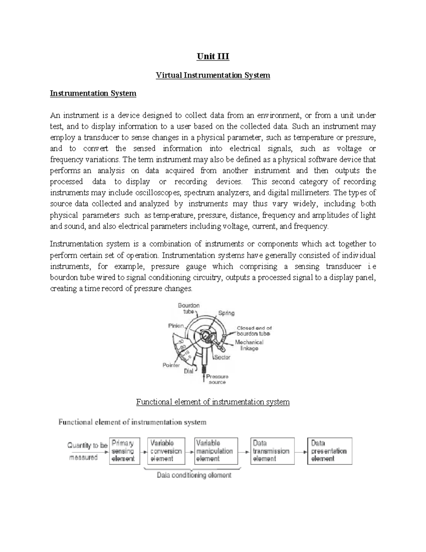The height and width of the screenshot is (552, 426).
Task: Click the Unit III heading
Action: pos(213,57)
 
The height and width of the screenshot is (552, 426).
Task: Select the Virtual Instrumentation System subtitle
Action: pos(213,75)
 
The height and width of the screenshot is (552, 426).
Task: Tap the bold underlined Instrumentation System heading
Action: pos(93,93)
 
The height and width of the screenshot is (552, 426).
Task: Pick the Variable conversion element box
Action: pos(166,451)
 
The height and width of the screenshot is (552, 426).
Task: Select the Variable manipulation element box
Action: pos(216,451)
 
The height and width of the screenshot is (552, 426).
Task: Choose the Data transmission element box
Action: pos(272,451)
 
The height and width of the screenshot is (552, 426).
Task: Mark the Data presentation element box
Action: pos(330,451)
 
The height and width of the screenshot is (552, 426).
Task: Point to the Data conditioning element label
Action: pos(194,475)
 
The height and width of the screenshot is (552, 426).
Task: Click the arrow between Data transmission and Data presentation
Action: pos(301,452)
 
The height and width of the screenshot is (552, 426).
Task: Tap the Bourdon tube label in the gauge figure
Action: pos(189,308)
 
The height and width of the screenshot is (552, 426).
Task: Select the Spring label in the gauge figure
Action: pos(226,313)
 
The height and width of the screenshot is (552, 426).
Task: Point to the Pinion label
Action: pos(176,326)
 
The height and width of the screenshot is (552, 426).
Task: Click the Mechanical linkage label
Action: pos(249,345)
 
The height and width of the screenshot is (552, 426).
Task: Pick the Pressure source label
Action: pos(217,379)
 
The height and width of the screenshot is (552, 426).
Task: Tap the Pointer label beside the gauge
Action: pos(171,365)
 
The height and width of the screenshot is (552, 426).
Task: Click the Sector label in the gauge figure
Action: pos(223,357)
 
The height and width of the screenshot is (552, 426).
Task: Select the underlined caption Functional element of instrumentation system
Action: pos(213,402)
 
